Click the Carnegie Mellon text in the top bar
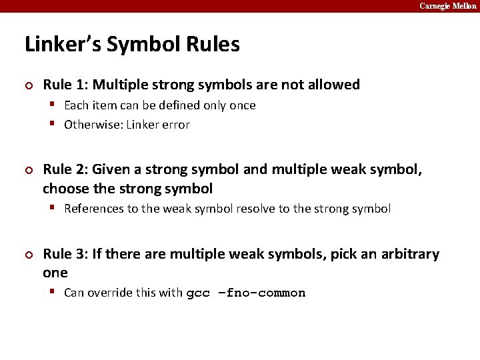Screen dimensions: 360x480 coord(447,6)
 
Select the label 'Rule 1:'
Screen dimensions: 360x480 coord(66,85)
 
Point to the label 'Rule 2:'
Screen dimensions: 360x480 coord(66,170)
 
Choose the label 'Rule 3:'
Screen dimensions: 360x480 coord(66,254)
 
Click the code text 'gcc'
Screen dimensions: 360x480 coord(198,293)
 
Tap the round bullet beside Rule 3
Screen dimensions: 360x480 coord(28,255)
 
